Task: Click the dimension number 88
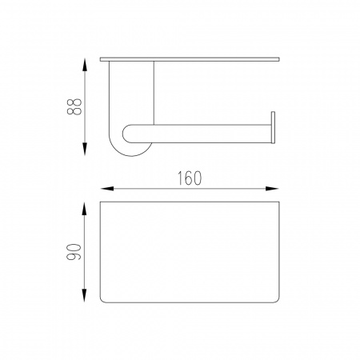(x=74, y=107)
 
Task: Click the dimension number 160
(x=190, y=178)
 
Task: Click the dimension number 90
(x=74, y=252)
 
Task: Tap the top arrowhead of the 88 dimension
(x=85, y=65)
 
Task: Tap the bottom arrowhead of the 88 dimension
(x=85, y=149)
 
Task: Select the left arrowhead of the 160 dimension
(x=107, y=189)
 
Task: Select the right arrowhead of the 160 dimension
(x=272, y=189)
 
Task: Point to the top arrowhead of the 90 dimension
(x=84, y=209)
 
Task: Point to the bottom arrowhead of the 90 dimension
(x=84, y=296)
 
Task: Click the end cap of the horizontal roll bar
(x=273, y=127)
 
